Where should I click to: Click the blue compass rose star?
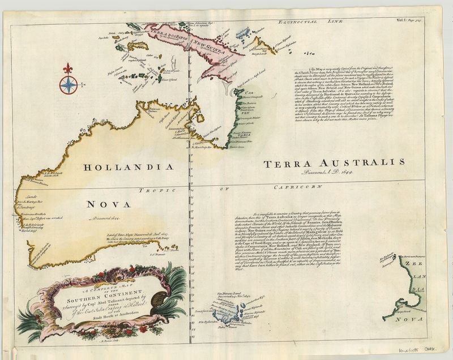pyautogui.click(x=68, y=85)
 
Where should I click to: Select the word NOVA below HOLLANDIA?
pyautogui.click(x=108, y=203)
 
